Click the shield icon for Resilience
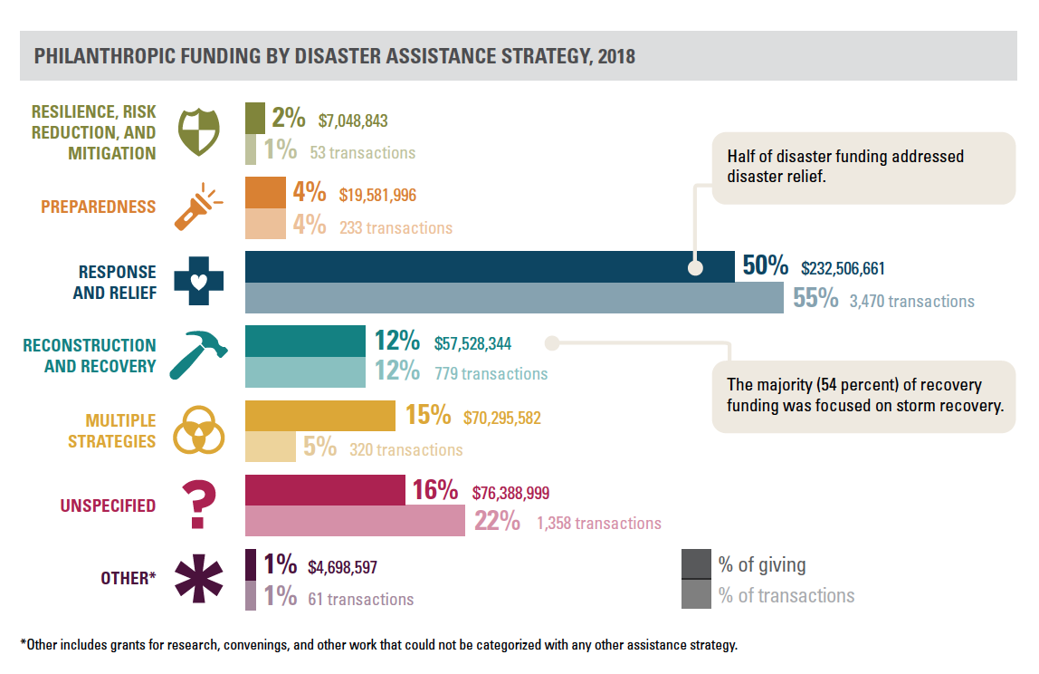click(x=199, y=132)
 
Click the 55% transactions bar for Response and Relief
click(x=514, y=298)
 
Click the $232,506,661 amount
click(x=843, y=269)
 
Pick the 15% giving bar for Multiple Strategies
click(x=320, y=417)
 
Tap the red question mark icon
click(x=198, y=505)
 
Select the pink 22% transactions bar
click(x=355, y=521)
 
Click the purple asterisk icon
click(x=199, y=577)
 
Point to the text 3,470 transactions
click(x=911, y=301)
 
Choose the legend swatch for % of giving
click(x=695, y=564)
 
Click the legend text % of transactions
click(x=786, y=595)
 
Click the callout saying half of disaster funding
click(x=863, y=167)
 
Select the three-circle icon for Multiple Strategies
click(x=198, y=430)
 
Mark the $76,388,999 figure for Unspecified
click(x=510, y=493)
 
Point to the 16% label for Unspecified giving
click(x=434, y=491)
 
